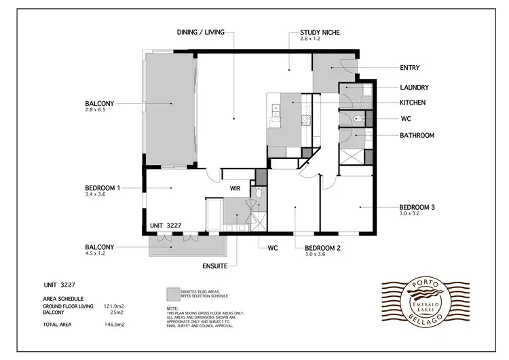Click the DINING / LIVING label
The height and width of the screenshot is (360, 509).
tap(206, 32)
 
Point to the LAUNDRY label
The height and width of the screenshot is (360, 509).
tap(414, 88)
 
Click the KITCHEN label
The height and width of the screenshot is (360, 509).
tap(412, 103)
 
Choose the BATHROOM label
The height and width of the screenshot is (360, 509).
tap(416, 135)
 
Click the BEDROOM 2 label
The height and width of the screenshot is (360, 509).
tap(322, 248)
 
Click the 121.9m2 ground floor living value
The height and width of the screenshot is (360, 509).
tap(114, 306)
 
